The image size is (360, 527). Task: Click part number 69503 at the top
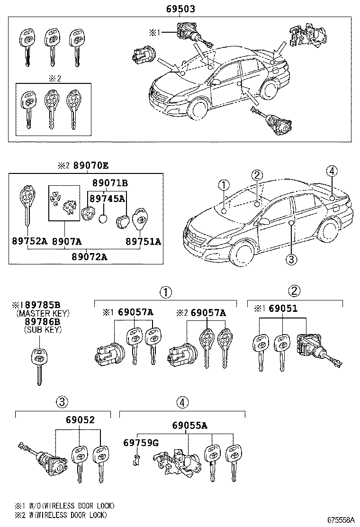point(180,9)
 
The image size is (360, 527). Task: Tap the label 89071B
point(110,183)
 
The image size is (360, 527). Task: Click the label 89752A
point(29,241)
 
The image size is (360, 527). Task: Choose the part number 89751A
point(143,241)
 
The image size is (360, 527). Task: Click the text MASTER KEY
point(43,313)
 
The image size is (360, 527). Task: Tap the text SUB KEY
point(43,330)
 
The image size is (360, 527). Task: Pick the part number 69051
point(283,309)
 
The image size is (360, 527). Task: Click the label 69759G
point(140,443)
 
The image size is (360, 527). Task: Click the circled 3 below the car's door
point(291,259)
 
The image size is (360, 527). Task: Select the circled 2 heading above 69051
point(294,291)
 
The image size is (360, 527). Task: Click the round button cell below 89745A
point(104,219)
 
